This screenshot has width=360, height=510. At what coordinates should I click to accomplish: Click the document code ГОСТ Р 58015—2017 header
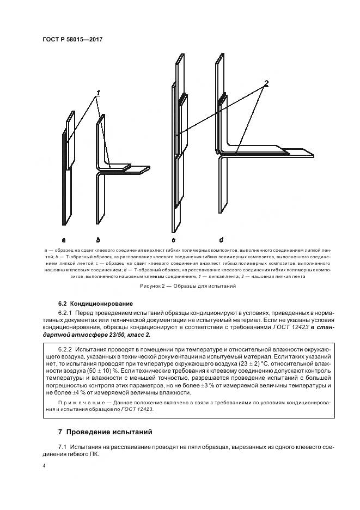72,40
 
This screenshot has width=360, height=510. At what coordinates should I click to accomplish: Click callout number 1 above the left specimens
99,93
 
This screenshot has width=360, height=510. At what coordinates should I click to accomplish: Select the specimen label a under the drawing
64,239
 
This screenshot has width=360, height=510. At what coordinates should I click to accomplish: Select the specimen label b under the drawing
98,239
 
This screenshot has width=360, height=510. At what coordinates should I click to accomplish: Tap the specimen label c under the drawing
173,239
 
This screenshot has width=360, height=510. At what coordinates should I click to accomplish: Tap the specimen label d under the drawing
221,239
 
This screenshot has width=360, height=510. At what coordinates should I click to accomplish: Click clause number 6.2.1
67,312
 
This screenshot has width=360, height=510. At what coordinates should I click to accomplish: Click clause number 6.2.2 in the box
67,348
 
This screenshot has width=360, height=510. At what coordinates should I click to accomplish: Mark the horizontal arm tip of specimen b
146,169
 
